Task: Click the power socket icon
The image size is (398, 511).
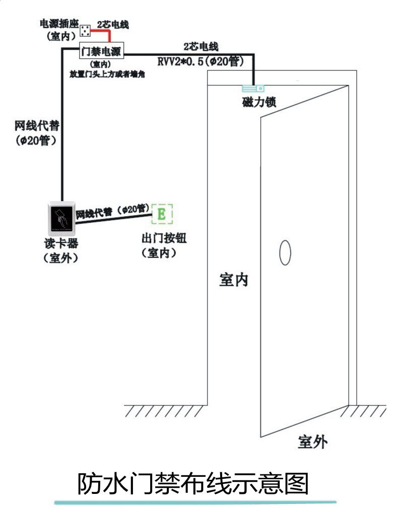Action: pos(85,31)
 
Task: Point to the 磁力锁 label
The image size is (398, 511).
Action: pos(259,102)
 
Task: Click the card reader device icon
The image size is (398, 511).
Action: pos(61,217)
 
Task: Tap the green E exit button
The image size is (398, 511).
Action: pos(161,214)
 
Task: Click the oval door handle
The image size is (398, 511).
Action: pos(285,252)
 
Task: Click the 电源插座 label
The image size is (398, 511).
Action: pos(60,23)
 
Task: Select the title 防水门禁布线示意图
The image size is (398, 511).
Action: pos(193,483)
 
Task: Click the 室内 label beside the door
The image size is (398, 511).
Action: pos(234,280)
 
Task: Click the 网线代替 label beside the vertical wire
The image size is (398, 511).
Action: pos(35,125)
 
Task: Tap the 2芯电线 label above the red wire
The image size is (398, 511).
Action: pos(112,24)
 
